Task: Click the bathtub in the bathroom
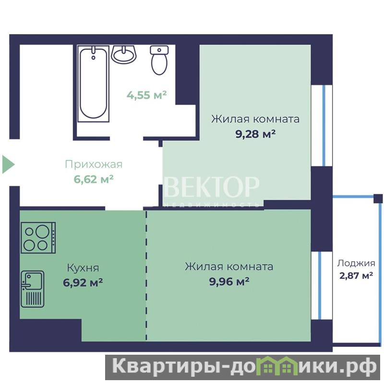pyautogui.click(x=93, y=83)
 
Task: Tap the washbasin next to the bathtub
pyautogui.click(x=124, y=54)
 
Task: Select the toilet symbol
pyautogui.click(x=159, y=60)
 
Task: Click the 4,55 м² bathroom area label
pyautogui.click(x=146, y=95)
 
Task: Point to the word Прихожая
pyautogui.click(x=94, y=165)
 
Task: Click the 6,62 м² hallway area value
pyautogui.click(x=94, y=179)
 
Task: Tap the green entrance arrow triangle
pyautogui.click(x=8, y=164)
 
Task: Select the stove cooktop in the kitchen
pyautogui.click(x=38, y=238)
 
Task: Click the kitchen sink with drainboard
pyautogui.click(x=33, y=289)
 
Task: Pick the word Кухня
pyautogui.click(x=83, y=268)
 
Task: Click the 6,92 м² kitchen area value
pyautogui.click(x=83, y=283)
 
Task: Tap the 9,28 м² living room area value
pyautogui.click(x=255, y=134)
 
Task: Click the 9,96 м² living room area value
pyautogui.click(x=229, y=281)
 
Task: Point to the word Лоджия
pyautogui.click(x=356, y=264)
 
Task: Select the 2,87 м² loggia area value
pyautogui.click(x=356, y=276)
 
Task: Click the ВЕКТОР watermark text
pyautogui.click(x=212, y=187)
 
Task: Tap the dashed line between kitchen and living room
pyautogui.click(x=146, y=275)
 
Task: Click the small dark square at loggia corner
pyautogui.click(x=378, y=199)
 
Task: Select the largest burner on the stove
pyautogui.click(x=42, y=232)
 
